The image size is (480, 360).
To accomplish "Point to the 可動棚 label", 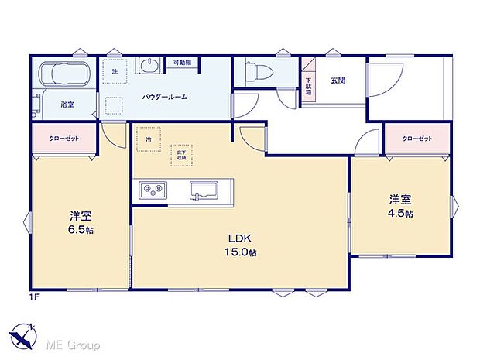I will [x=182, y=63].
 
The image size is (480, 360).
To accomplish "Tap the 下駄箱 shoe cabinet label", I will [x=308, y=84].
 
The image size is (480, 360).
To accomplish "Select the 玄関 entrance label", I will [x=337, y=80].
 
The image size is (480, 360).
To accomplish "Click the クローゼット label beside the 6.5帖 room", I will [x=63, y=139].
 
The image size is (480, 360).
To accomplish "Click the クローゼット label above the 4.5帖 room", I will [x=417, y=139].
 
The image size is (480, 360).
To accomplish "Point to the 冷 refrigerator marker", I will [x=149, y=139].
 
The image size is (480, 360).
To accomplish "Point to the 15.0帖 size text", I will [x=241, y=253].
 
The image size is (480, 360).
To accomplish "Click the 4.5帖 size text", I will [x=400, y=213].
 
